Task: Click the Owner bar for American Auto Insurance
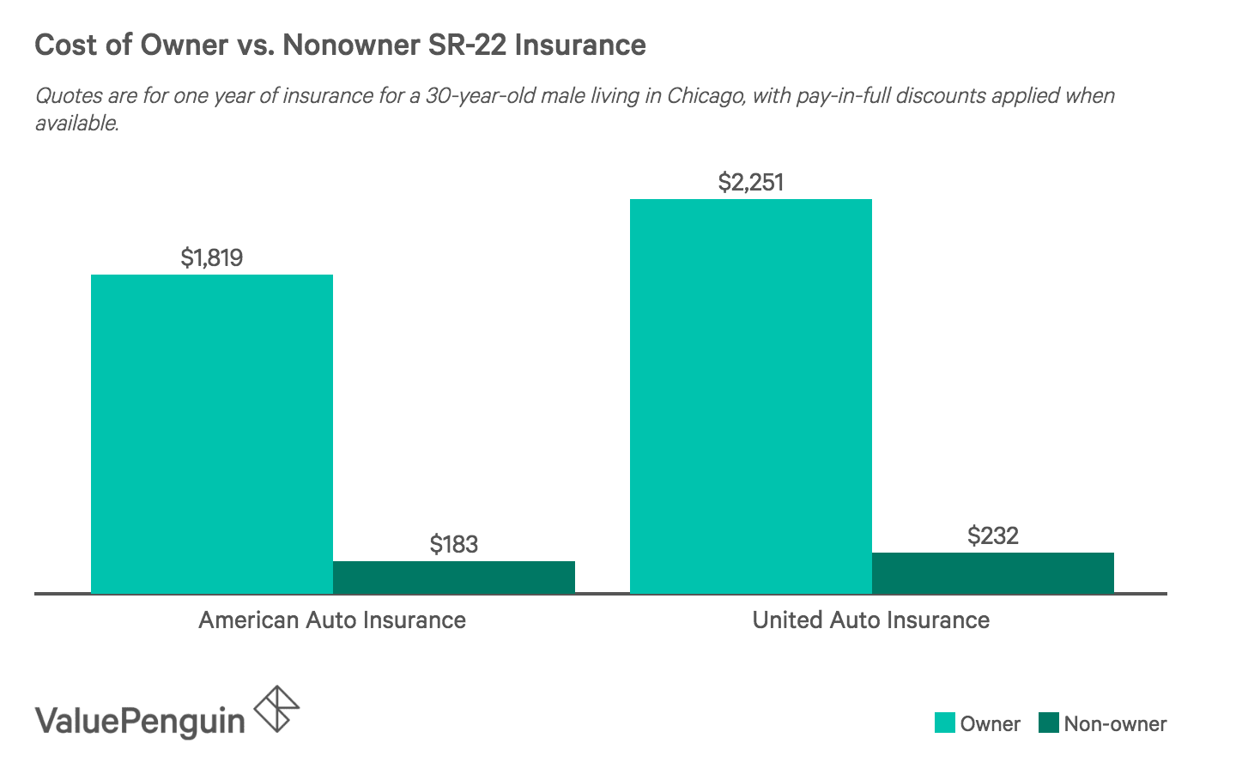211,433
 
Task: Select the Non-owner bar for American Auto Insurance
453,577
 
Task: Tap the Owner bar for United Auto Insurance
750,396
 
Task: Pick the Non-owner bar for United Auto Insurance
992,572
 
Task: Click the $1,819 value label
211,257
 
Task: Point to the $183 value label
453,544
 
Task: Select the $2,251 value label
750,182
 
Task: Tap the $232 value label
992,535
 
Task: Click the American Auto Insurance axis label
332,620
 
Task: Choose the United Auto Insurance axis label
870,620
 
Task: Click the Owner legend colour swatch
944,723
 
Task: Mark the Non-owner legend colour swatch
1048,723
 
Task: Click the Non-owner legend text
1115,723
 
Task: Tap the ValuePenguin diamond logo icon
277,708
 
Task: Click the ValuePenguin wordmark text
140,720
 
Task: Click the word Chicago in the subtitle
704,95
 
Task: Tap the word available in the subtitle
76,123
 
